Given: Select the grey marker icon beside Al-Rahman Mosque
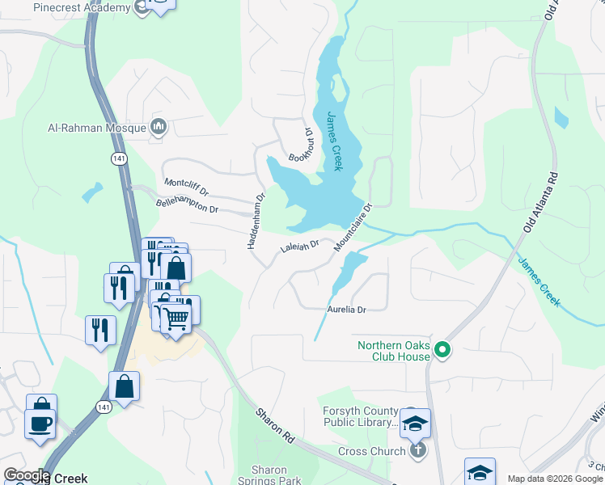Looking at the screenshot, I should pyautogui.click(x=159, y=127).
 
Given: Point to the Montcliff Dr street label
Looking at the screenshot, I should pyautogui.click(x=186, y=188).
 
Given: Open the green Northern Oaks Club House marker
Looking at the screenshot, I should pyautogui.click(x=442, y=350).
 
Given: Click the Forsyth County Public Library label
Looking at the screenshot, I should pyautogui.click(x=362, y=416).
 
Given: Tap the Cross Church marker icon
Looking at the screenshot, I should pyautogui.click(x=417, y=449).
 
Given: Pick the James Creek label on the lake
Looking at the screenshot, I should pyautogui.click(x=334, y=141).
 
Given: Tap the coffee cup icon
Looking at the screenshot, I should pyautogui.click(x=40, y=422).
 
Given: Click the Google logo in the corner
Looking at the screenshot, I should pyautogui.click(x=27, y=475).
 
